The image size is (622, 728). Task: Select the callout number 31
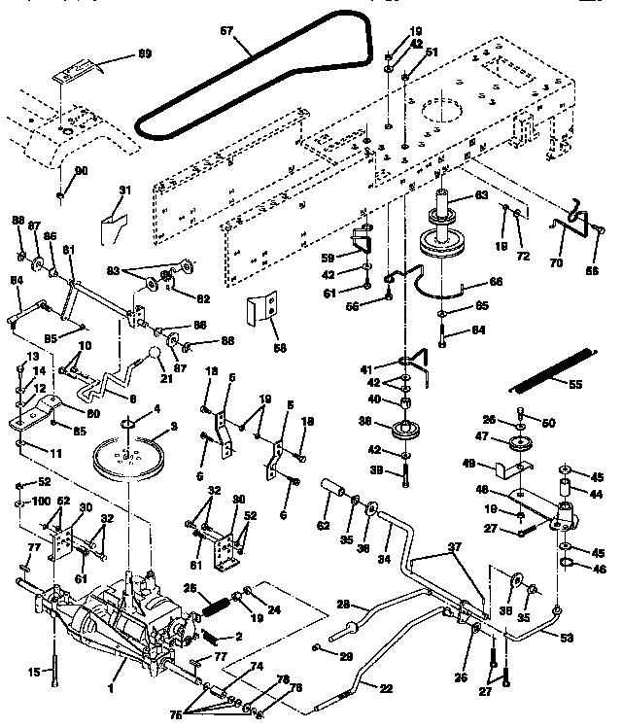coord(124,191)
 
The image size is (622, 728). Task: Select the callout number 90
coord(81,171)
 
